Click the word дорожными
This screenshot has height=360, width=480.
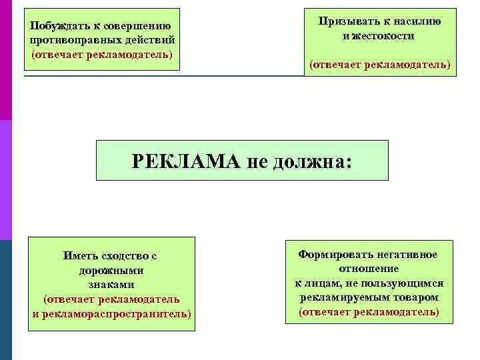click(x=111, y=271)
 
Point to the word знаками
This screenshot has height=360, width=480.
click(x=111, y=284)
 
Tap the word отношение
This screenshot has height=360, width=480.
click(x=369, y=269)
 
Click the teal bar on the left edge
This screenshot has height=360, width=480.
click(x=5, y=300)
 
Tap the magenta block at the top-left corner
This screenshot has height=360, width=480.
click(x=5, y=60)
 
